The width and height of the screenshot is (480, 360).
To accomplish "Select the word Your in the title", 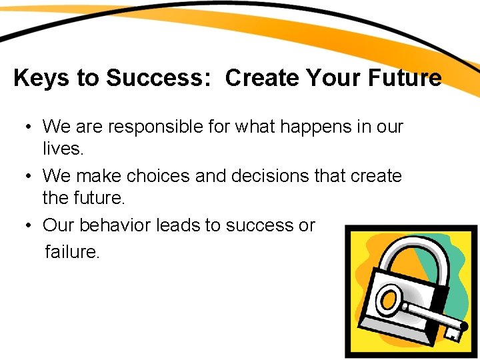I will tap(336, 79).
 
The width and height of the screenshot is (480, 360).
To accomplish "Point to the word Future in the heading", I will tap(406, 79).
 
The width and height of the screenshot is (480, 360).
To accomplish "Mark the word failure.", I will tap(72, 251).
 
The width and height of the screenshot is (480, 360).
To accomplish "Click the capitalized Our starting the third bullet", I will tap(58, 225).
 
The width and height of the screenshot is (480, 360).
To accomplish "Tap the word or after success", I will tap(307, 225).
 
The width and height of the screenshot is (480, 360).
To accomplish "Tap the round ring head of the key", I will tap(390, 301).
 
